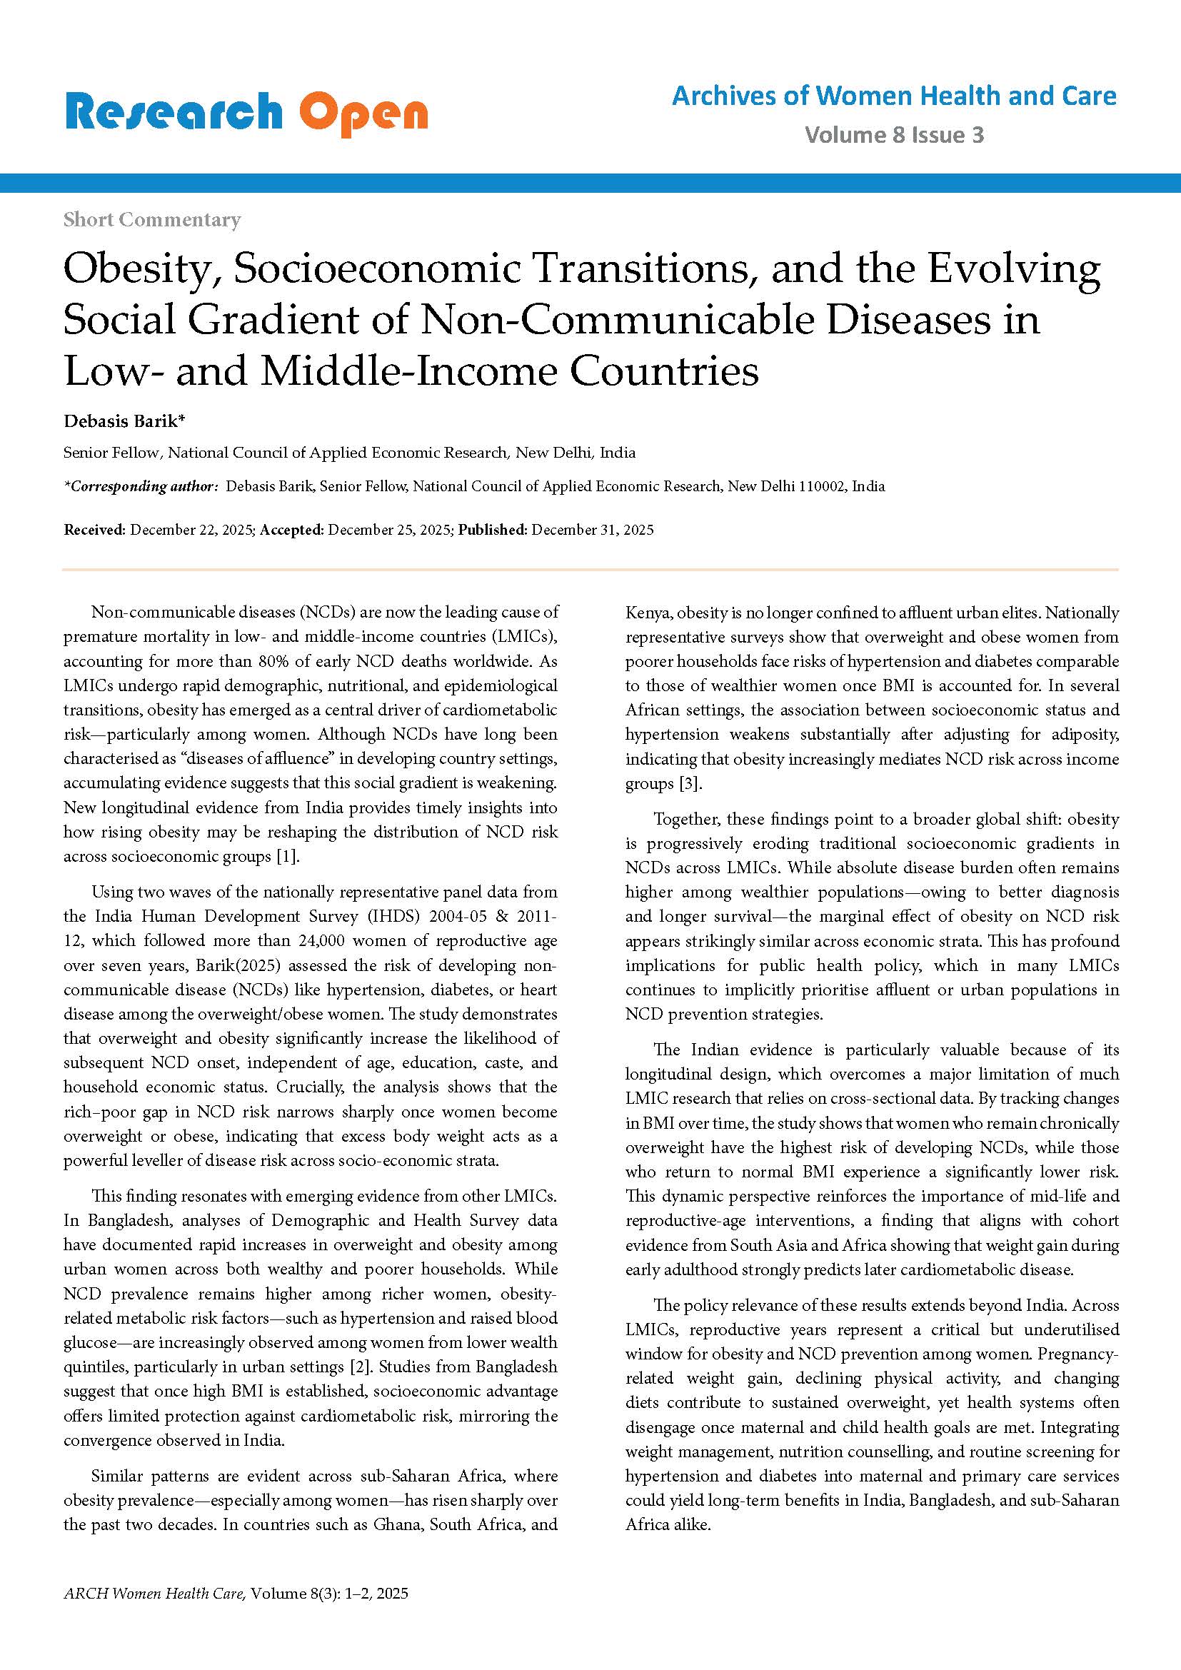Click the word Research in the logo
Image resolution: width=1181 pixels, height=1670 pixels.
click(x=173, y=113)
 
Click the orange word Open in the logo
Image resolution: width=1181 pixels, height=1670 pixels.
click(x=363, y=114)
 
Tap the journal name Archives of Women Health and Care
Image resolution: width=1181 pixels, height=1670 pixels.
click(x=894, y=96)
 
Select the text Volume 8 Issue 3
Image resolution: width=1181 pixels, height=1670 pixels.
click(x=894, y=134)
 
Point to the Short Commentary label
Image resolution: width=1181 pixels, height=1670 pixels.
click(x=151, y=219)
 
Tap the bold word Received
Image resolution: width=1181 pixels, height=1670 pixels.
click(x=94, y=530)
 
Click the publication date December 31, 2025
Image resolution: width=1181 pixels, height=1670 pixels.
click(x=592, y=530)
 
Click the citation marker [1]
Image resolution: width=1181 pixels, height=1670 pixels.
click(x=287, y=856)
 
